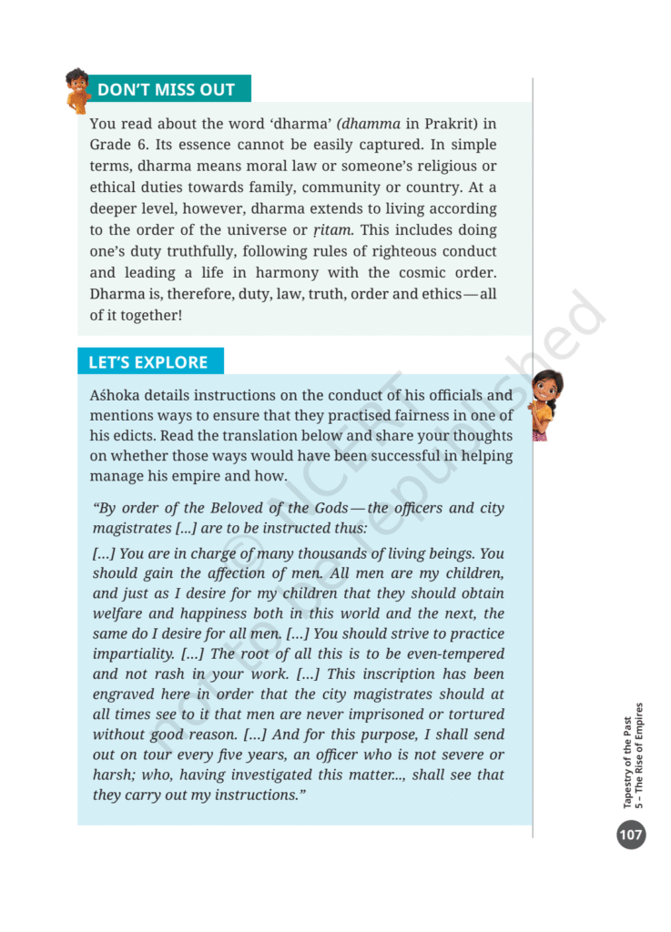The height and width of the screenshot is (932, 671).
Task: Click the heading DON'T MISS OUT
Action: [x=166, y=89]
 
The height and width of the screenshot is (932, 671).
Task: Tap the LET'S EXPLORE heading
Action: [x=147, y=362]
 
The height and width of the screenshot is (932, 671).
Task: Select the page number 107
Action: [x=630, y=834]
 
